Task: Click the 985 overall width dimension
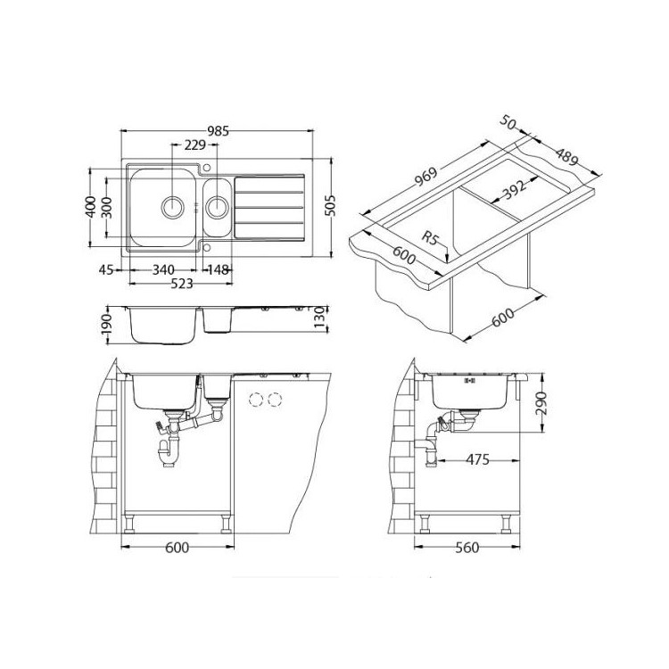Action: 218,130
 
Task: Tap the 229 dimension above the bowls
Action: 195,145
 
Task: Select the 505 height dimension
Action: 330,207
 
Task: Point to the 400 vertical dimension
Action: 90,207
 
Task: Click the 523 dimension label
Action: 181,284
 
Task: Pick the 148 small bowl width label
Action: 218,269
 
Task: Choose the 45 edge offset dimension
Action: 106,269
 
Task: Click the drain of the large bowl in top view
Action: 173,207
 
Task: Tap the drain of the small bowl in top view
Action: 217,207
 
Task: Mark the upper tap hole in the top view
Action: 207,167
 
